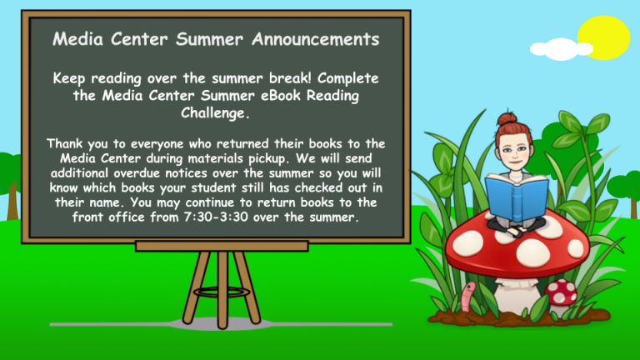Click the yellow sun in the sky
[603, 38]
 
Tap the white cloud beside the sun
[561, 49]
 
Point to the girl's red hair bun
[507, 119]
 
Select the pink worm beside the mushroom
[467, 297]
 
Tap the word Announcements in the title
[316, 39]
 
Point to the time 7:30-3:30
[216, 217]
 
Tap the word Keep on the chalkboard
[68, 78]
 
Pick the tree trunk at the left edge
[12, 201]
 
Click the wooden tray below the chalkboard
[222, 246]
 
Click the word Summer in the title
[209, 39]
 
